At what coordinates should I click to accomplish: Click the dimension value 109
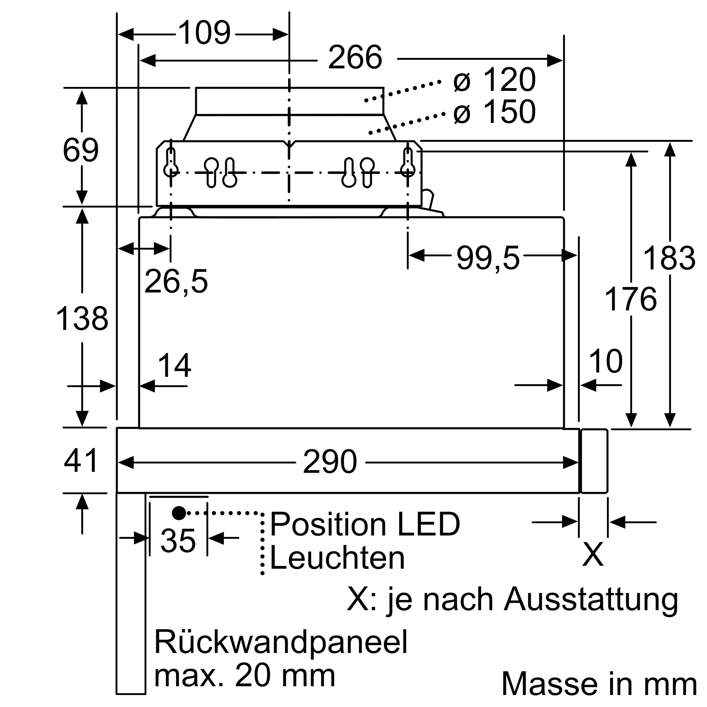click(205, 34)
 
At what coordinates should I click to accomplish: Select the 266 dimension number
click(355, 58)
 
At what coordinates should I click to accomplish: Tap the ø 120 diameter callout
click(495, 80)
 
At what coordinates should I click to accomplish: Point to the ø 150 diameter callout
click(495, 112)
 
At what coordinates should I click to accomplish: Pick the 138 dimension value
click(82, 319)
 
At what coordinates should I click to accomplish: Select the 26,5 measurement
click(176, 282)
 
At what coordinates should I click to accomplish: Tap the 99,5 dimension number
click(488, 259)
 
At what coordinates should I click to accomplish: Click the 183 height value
click(669, 259)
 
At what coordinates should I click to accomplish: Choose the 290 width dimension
click(330, 462)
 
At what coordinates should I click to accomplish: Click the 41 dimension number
click(81, 461)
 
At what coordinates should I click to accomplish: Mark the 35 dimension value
click(178, 541)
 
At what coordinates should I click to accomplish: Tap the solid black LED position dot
click(179, 513)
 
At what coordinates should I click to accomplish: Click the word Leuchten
click(337, 559)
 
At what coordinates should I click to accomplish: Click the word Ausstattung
click(591, 600)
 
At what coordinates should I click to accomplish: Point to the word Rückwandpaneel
click(281, 642)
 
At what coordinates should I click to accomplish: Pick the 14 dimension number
click(175, 366)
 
